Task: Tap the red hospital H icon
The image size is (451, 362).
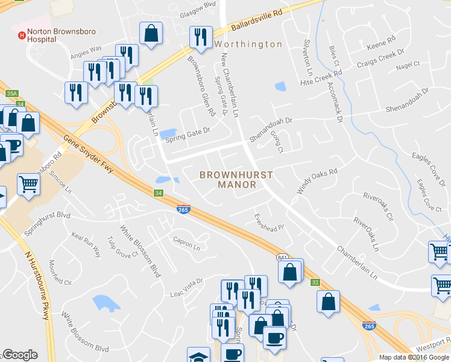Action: coord(22,35)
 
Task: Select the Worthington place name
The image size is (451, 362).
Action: coord(248,45)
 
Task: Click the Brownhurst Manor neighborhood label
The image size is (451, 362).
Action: coord(236,180)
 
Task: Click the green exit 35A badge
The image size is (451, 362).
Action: coord(12,94)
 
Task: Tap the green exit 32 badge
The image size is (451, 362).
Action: coord(315,282)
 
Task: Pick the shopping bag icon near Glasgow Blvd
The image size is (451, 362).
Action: coord(150,35)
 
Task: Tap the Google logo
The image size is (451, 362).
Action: coord(20,355)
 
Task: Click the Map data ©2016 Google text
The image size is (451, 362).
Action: coord(414,357)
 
